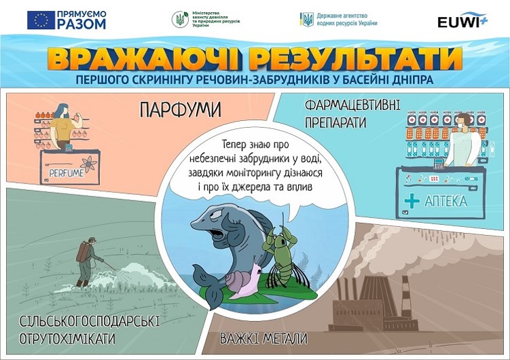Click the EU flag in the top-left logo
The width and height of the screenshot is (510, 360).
coord(41,20)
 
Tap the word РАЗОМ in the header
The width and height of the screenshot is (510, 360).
coord(83,24)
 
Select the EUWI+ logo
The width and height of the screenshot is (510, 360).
coord(462,20)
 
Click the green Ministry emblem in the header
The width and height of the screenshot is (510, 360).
coord(180,20)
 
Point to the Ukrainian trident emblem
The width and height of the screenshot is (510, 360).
coord(307,20)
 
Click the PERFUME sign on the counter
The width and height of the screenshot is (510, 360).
coord(66,173)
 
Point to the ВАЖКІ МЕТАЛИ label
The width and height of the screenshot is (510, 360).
coord(263,338)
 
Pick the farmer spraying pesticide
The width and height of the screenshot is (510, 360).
coord(86,262)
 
